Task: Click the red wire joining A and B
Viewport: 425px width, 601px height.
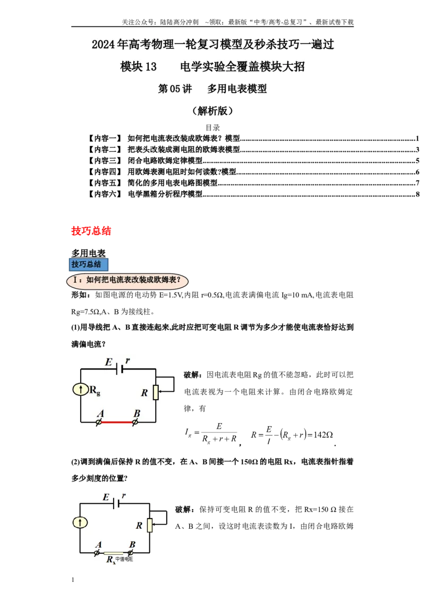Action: point(116,422)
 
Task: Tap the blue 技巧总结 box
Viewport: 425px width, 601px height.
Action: point(89,264)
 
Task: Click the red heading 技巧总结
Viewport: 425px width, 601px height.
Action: point(91,231)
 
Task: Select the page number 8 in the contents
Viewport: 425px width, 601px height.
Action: point(418,194)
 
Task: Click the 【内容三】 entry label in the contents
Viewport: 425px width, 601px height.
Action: point(105,160)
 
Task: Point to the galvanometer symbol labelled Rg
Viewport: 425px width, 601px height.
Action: point(81,390)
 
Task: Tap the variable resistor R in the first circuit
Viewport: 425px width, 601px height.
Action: point(155,392)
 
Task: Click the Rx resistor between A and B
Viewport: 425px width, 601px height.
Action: point(113,553)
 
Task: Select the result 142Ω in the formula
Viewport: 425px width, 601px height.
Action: point(323,435)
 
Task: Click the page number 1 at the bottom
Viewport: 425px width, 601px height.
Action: point(73,580)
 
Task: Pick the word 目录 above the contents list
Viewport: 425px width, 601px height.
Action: point(212,127)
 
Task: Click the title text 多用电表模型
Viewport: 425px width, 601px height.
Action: point(237,89)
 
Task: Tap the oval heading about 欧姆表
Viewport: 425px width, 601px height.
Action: point(127,280)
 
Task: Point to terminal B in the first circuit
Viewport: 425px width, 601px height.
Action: point(135,423)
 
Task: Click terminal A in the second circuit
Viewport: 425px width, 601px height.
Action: point(97,553)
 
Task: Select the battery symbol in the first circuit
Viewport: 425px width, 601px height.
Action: point(120,369)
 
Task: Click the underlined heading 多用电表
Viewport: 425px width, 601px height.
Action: point(88,253)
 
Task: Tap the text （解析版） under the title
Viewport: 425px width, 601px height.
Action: point(212,111)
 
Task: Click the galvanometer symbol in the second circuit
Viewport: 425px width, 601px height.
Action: point(80,522)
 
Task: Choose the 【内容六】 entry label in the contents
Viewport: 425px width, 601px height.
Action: point(105,194)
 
